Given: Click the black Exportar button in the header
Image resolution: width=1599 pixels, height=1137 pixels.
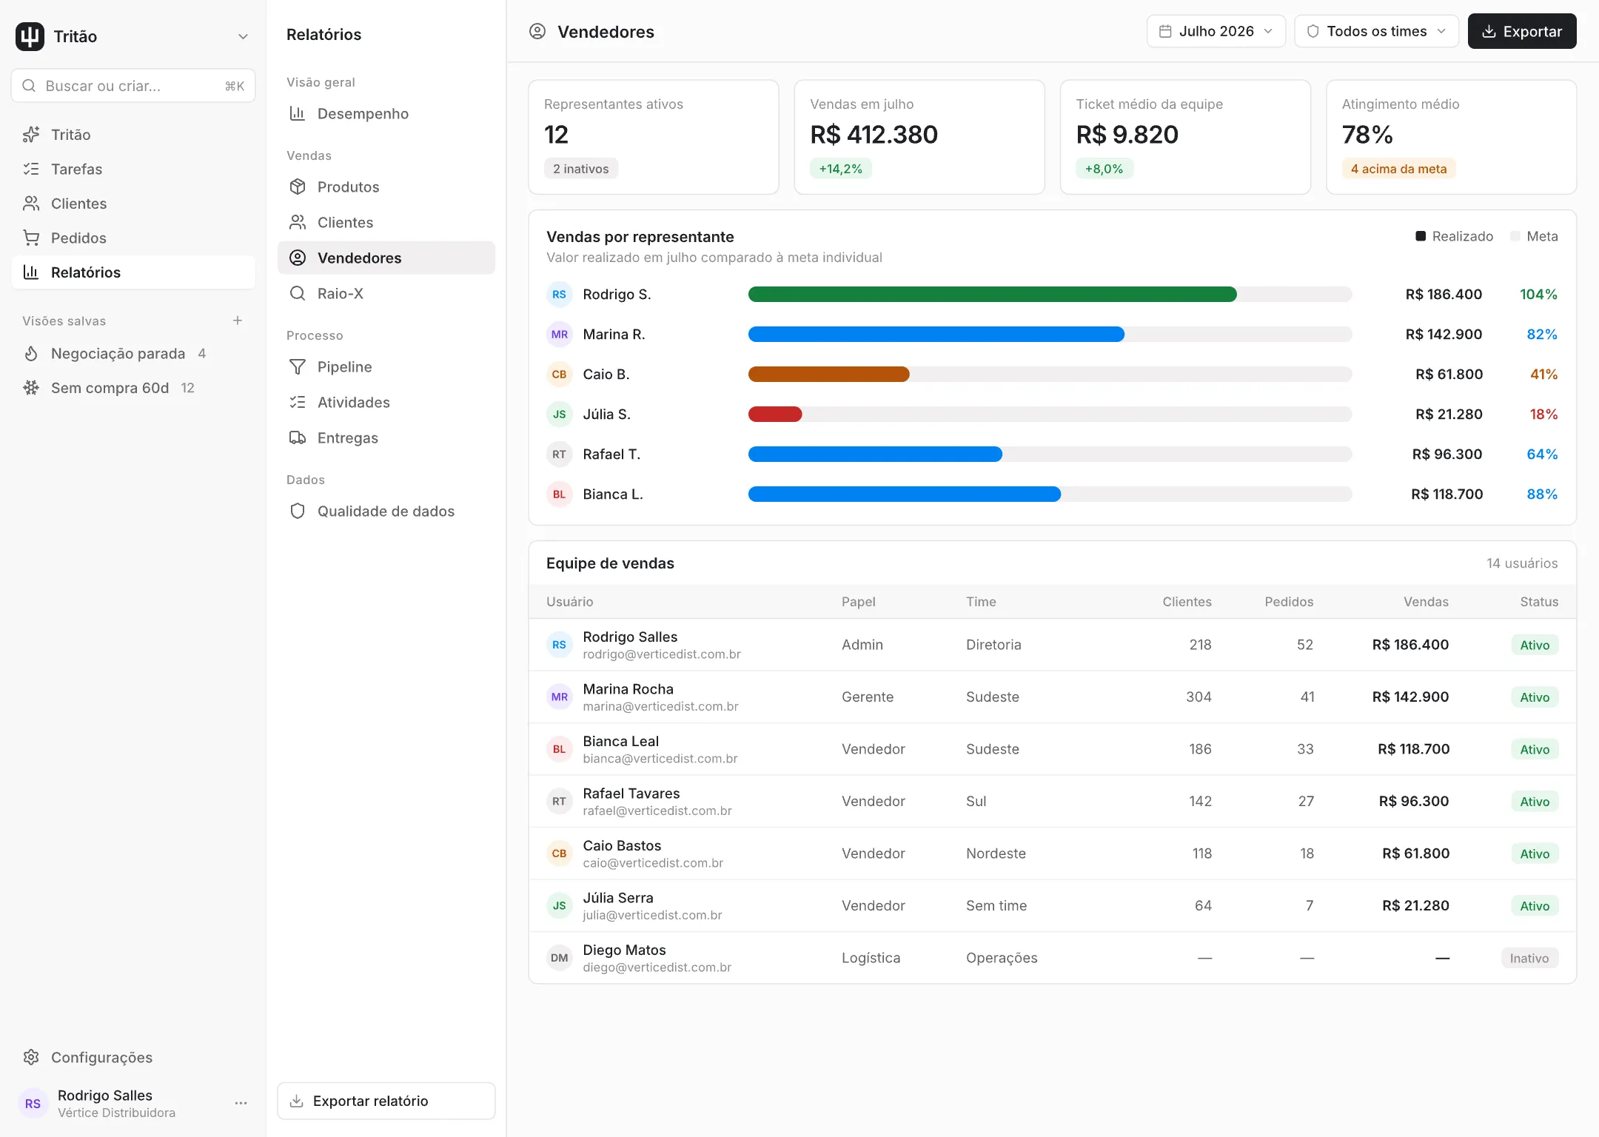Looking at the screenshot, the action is click(1521, 31).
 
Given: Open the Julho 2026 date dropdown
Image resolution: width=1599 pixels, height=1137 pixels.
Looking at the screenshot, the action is click(1216, 31).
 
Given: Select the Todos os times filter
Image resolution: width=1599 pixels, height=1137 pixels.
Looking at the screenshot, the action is click(1376, 31).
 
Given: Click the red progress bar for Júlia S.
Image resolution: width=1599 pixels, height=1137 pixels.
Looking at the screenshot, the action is click(775, 415).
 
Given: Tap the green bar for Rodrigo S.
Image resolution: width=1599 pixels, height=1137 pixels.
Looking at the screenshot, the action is click(992, 295).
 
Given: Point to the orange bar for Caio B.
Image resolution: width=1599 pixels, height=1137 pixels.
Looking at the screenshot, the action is click(828, 375).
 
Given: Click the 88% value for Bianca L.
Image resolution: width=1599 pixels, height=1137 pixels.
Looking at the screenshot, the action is click(1542, 494).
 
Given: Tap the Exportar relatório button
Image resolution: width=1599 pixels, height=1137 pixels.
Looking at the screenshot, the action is click(386, 1101).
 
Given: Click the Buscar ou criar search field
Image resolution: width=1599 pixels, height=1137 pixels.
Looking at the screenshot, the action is click(133, 86).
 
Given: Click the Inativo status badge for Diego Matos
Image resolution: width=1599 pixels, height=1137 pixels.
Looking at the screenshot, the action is click(1529, 958).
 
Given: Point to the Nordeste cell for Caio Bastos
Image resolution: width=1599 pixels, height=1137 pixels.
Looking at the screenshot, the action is click(996, 853).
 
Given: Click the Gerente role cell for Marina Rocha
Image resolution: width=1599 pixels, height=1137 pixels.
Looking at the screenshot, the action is click(868, 697).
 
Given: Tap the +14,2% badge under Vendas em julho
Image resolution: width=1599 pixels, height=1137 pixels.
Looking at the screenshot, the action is click(840, 169).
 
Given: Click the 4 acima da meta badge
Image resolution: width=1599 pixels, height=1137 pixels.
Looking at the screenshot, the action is click(1398, 169).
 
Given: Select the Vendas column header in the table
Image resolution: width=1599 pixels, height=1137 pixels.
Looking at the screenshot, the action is click(1426, 602).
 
